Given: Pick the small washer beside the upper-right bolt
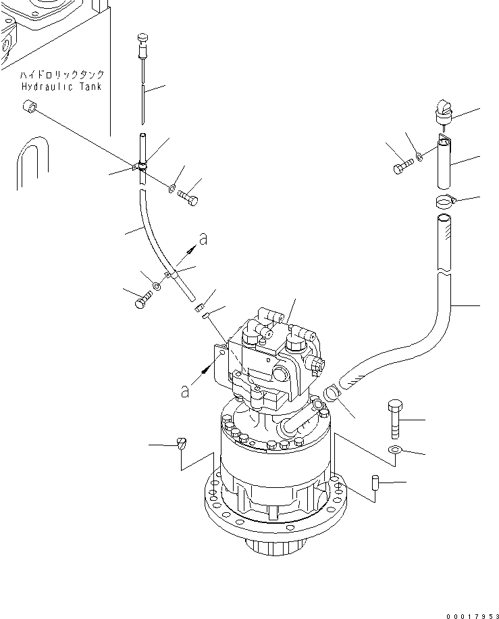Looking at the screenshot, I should pos(421,157).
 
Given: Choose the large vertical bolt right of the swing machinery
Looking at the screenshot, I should pos(395,420).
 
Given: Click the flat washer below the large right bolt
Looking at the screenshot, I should pos(396,450).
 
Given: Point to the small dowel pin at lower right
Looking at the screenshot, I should pos(375,484).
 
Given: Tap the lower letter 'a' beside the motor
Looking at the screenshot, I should pos(184,390).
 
